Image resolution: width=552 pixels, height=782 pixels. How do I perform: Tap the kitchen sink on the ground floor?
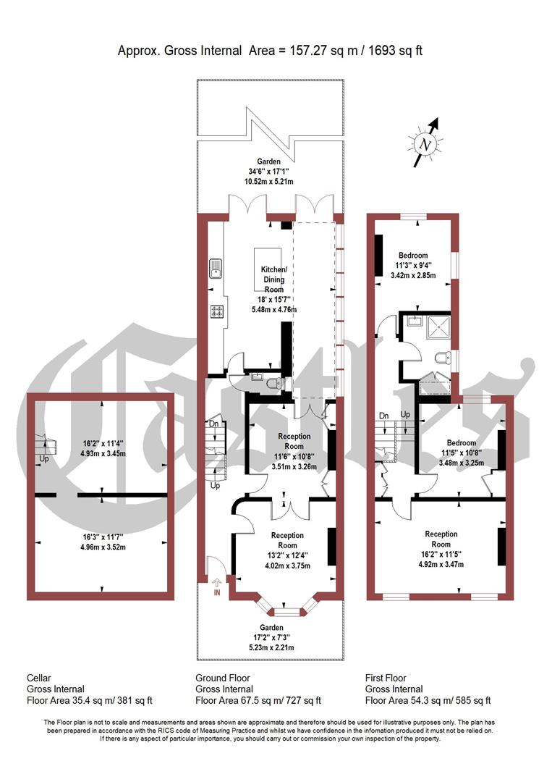[216, 269]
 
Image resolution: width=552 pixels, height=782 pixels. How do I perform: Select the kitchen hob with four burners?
[216, 311]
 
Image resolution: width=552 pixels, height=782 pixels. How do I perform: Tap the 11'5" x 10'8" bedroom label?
[461, 453]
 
